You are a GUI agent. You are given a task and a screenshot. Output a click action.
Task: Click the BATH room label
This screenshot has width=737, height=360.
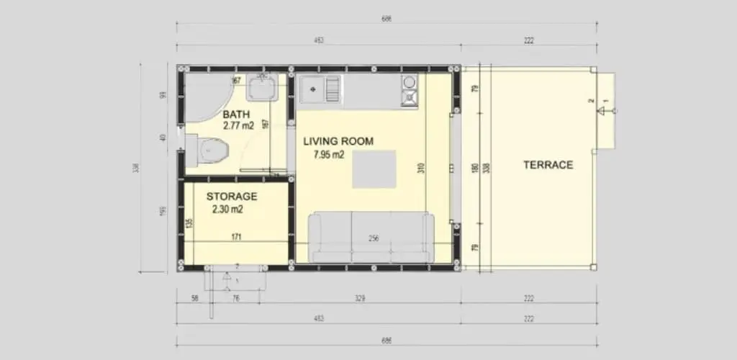[236, 114]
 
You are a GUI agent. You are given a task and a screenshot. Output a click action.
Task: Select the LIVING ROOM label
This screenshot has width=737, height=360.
[337, 141]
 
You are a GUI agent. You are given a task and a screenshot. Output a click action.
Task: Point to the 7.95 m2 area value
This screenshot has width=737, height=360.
[330, 154]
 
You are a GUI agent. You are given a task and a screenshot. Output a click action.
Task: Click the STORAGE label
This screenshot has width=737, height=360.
[232, 196]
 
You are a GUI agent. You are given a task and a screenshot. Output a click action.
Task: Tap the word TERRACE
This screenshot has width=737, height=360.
[548, 164]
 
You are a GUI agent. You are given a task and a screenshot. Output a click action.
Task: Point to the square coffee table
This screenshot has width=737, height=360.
[374, 169]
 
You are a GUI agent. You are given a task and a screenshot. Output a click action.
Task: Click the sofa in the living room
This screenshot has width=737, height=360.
[371, 238]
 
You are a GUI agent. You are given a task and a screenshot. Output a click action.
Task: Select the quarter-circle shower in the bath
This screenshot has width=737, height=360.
[205, 97]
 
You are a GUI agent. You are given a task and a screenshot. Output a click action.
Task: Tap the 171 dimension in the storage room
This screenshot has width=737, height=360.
[235, 235]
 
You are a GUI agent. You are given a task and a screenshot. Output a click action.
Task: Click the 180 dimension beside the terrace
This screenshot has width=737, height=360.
[475, 168]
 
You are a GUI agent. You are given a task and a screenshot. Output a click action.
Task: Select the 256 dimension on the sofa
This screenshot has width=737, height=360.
[373, 239]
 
